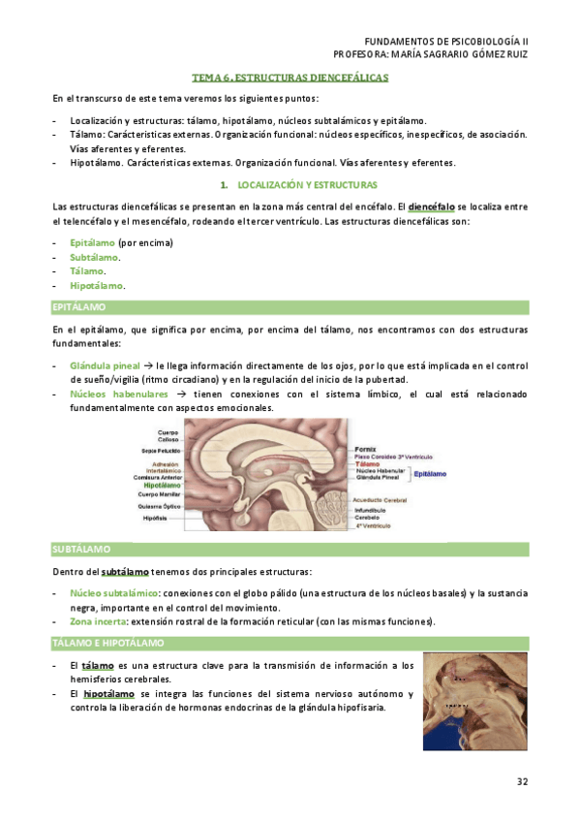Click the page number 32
(521, 780)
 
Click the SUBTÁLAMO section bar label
(80, 549)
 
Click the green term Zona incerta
(98, 621)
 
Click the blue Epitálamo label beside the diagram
(430, 474)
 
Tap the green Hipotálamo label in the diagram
(161, 485)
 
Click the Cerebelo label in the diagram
(368, 518)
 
